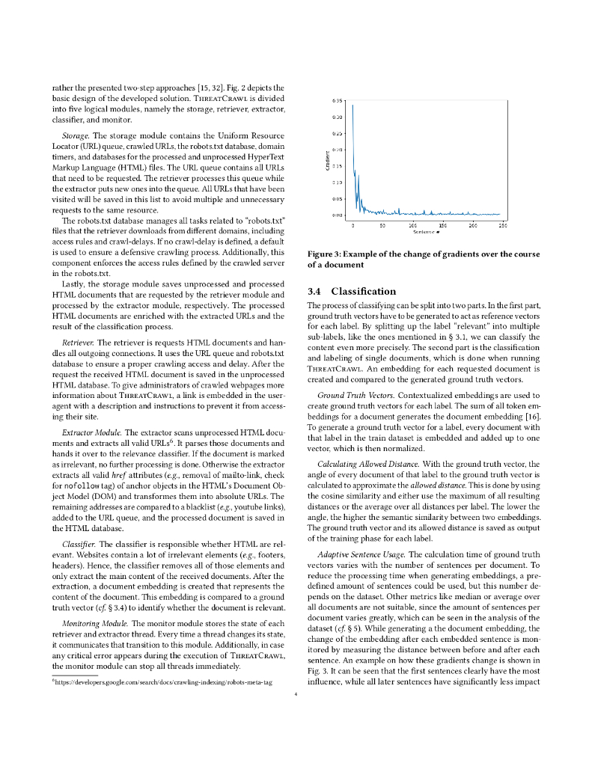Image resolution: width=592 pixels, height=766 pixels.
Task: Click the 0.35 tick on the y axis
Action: coord(338,100)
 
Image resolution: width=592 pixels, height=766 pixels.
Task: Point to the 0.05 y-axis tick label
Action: coord(338,199)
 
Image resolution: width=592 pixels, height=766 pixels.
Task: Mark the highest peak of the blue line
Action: coord(353,105)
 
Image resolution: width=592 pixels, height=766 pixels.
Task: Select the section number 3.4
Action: coord(315,291)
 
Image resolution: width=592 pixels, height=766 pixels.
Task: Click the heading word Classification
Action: coord(363,291)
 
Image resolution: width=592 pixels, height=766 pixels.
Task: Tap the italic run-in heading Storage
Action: coord(76,135)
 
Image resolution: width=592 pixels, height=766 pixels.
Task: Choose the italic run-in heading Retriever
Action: coord(77,342)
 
